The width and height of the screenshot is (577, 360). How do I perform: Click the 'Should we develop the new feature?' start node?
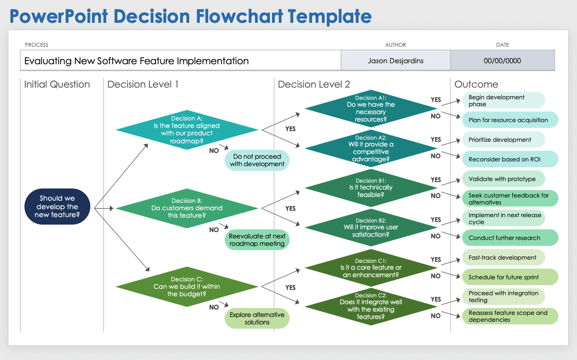click(57, 207)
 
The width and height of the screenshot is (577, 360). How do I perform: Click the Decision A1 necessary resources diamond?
click(371, 109)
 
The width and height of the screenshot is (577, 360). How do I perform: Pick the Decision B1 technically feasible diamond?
click(371, 188)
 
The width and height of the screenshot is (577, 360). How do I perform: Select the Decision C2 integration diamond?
click(371, 306)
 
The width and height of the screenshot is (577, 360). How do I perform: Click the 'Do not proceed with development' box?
click(257, 160)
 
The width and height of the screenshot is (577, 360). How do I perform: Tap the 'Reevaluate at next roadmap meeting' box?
click(257, 240)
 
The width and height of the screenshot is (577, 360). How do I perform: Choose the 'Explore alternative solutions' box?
click(257, 319)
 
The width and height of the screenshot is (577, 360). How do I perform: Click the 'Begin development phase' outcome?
click(503, 100)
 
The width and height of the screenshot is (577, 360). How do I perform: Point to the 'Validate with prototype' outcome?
click(503, 179)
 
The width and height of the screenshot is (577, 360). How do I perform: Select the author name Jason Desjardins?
click(396, 61)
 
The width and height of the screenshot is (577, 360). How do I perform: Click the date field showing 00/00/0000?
click(502, 61)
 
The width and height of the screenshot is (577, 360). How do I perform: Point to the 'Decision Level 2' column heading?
click(314, 84)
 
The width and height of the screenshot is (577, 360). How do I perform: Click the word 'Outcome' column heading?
click(476, 84)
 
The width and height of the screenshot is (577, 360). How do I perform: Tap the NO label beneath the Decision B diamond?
click(214, 230)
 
